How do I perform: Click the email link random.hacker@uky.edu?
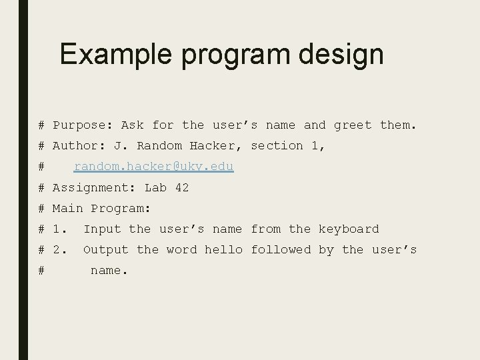153,167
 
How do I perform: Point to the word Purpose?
83,125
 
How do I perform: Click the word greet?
353,125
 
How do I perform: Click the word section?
277,145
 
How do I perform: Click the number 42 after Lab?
181,187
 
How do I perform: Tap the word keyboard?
348,229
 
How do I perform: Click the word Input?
102,229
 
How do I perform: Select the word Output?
105,250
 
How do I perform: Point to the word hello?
223,249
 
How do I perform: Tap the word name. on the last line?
109,271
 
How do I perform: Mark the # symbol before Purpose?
41,125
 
